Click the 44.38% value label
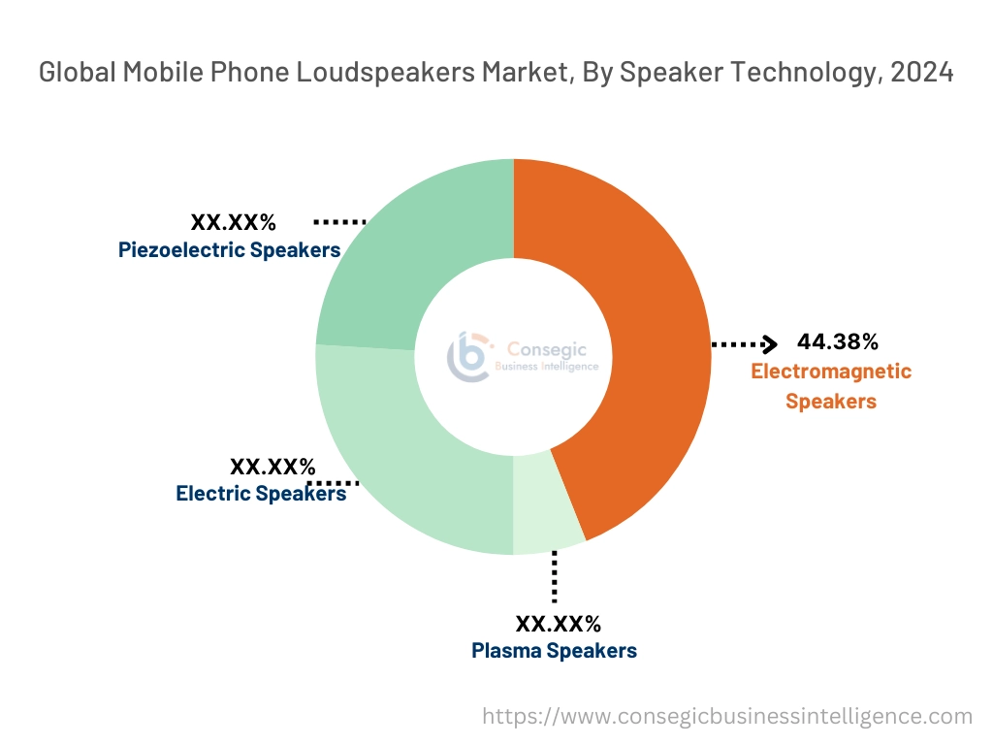pos(838,341)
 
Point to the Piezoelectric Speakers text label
pos(230,250)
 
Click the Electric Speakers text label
pos(261,493)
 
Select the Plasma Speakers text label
pos(555,650)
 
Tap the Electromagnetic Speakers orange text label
pos(831,385)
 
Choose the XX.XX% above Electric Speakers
pos(272,467)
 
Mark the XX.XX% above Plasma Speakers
pos(558,623)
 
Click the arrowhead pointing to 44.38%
pos(771,343)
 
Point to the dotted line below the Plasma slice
pos(554,577)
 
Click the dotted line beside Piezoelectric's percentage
pos(339,222)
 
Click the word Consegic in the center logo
pos(554,349)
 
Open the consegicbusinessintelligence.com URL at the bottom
pos(727,716)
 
